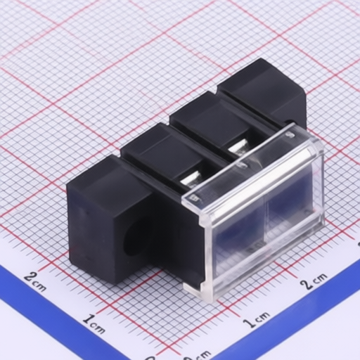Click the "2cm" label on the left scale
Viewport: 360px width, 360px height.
click(x=35, y=282)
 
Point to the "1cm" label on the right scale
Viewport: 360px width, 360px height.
click(x=256, y=319)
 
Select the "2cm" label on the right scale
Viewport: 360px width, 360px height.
click(x=314, y=281)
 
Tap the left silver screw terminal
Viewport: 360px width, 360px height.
click(x=192, y=180)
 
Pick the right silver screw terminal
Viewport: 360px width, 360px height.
click(x=238, y=148)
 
